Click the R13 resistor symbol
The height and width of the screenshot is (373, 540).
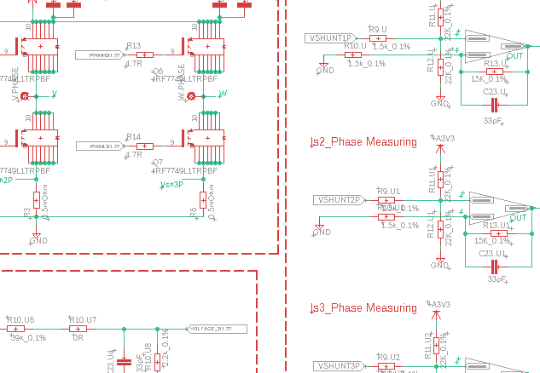click(x=144, y=54)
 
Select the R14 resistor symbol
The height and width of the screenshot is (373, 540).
click(x=144, y=146)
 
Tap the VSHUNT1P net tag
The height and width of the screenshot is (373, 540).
click(x=328, y=38)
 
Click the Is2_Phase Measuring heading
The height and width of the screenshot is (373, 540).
click(x=363, y=141)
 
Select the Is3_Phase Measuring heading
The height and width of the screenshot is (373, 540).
click(x=363, y=307)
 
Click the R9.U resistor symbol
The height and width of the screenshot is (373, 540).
click(x=378, y=38)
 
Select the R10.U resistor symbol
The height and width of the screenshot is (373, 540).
click(x=353, y=55)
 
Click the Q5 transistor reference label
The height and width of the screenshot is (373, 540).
click(x=157, y=71)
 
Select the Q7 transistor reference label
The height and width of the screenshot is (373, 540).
click(x=157, y=162)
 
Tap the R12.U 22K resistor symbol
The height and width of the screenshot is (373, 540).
click(x=440, y=68)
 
